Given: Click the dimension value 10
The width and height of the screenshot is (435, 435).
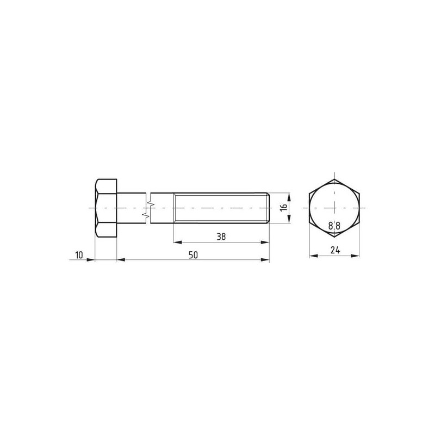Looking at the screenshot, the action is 79,255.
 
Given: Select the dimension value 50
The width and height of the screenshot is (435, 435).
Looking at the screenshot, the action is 193,255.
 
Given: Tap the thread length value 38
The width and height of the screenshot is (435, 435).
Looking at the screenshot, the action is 221,237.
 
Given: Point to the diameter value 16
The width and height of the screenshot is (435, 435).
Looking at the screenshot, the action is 283,208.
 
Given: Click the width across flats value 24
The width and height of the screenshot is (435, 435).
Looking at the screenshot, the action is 335,250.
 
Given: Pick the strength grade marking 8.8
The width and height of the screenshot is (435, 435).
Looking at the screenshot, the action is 334,226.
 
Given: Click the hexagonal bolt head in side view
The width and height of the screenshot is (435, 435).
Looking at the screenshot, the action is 105,208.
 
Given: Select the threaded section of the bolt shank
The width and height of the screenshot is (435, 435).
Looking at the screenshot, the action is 221,208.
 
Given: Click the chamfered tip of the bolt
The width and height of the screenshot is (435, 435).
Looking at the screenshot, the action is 268,208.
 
